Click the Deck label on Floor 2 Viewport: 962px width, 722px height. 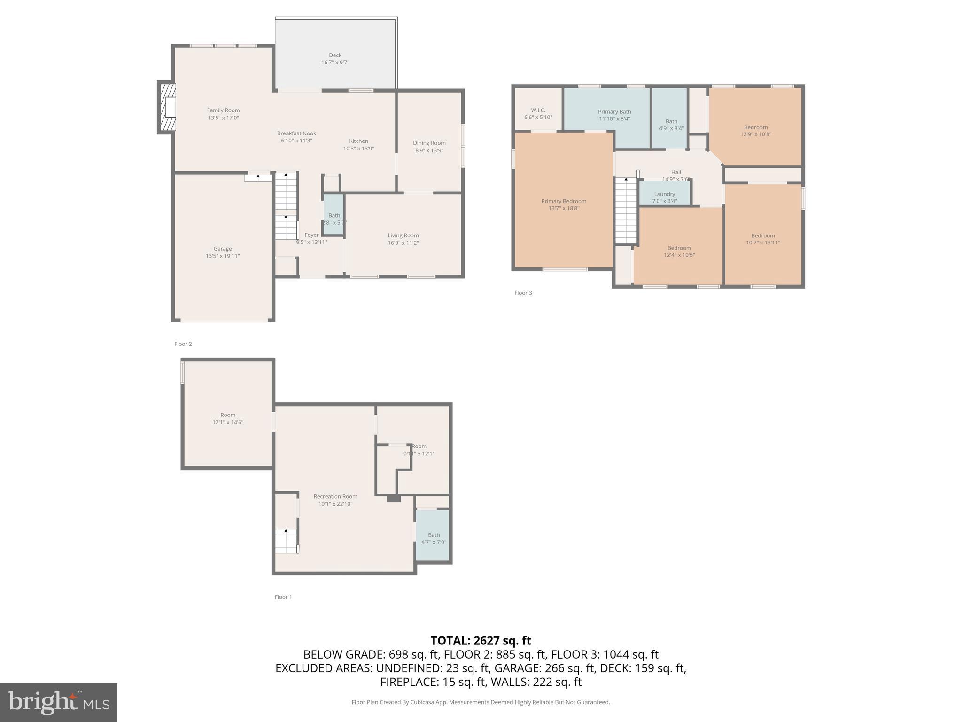point(335,55)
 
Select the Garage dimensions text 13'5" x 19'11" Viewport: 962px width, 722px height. point(223,256)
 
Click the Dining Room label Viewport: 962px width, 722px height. point(429,143)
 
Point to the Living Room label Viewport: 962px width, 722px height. point(403,235)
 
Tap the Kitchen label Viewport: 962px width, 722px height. point(358,141)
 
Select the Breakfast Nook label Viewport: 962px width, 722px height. point(296,133)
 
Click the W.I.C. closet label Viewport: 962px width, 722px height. point(538,110)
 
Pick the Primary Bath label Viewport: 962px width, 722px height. point(614,112)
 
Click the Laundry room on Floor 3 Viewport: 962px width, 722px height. point(664,195)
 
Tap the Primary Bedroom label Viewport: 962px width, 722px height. point(564,201)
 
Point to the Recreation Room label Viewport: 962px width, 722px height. point(335,496)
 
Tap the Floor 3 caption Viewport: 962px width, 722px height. point(523,293)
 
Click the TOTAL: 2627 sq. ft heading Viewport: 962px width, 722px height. point(481,641)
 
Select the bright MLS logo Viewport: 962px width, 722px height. point(59,702)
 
